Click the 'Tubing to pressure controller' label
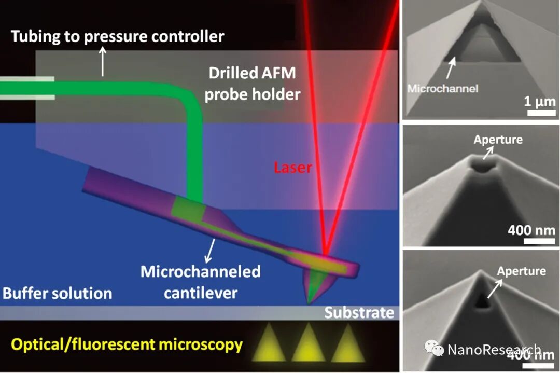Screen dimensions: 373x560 point(118,36)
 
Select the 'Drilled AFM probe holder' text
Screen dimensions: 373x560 point(252,84)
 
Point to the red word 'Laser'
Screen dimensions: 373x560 point(293,167)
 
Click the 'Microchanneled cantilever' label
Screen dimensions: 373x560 point(201,282)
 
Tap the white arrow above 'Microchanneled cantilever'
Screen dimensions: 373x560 point(211,251)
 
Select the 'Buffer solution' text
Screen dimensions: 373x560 point(57,293)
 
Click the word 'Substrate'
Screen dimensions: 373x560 point(359,313)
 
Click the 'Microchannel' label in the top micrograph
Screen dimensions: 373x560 point(442,88)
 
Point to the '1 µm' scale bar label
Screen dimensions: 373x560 point(538,101)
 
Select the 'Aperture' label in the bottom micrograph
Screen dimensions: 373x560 point(521,271)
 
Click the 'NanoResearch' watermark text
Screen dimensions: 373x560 point(494,350)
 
